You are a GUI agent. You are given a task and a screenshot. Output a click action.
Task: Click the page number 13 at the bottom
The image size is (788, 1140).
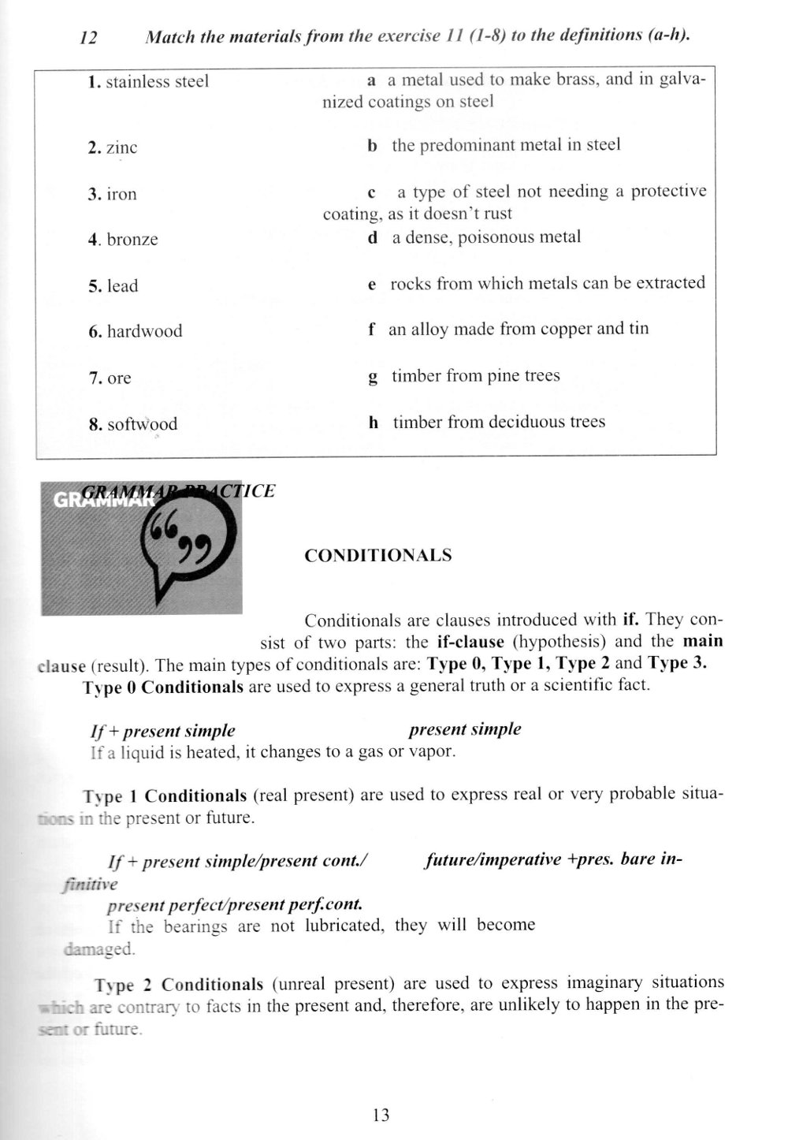point(381,1115)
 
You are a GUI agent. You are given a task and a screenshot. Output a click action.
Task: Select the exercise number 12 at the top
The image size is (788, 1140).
point(88,38)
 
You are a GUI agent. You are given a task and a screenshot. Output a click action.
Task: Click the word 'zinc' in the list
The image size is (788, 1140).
point(121,147)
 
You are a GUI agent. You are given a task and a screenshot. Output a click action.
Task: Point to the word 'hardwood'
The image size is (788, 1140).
point(144,331)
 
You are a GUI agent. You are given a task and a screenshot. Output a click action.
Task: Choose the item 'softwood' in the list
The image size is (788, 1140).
point(142,424)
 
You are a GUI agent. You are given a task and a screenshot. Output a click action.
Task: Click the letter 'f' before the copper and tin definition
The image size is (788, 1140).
point(370,329)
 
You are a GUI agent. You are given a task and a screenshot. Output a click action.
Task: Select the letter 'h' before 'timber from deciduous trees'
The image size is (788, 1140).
point(374,422)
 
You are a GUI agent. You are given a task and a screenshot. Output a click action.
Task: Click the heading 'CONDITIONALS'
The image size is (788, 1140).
point(378,555)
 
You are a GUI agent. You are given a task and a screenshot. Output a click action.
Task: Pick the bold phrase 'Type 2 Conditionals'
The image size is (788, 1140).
point(178,985)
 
